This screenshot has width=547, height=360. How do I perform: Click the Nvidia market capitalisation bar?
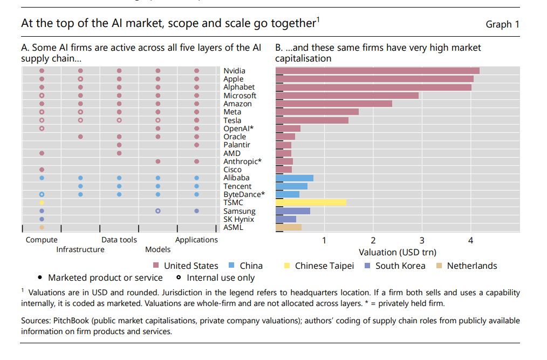pos(378,71)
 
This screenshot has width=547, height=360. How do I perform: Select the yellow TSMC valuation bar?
pos(311,202)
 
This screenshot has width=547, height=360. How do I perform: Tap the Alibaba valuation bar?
pos(295,178)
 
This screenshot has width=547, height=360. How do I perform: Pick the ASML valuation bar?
pos(289,227)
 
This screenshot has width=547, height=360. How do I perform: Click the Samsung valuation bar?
pos(293,211)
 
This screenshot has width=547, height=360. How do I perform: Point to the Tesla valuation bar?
pos(312,120)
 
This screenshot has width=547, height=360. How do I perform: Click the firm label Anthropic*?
pos(243,161)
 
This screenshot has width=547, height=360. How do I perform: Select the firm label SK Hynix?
pos(239,219)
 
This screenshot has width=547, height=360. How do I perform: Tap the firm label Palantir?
pos(237,145)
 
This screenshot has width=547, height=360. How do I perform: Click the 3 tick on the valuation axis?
pos(422,241)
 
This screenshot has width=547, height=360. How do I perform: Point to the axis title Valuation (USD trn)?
pos(398,252)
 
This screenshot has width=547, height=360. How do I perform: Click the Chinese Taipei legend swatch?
pos(287,266)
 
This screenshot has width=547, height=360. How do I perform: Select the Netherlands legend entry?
pos(472,266)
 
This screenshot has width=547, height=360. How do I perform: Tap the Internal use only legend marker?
pos(179,278)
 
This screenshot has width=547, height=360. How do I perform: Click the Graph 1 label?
pos(502,24)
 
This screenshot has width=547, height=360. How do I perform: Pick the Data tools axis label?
pos(119,240)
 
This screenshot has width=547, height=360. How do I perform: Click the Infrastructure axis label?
pos(80,249)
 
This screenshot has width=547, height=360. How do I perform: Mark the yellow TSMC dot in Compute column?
pos(42,202)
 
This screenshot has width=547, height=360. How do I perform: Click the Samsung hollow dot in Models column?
pos(158,211)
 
